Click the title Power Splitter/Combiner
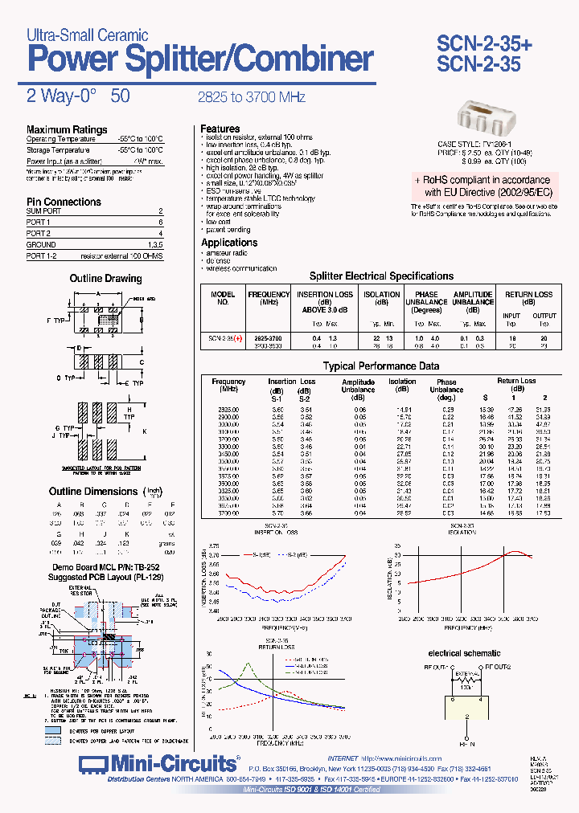200,59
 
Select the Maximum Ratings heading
67,129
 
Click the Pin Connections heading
64,202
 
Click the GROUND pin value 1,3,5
154,244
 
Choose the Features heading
220,129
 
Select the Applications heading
229,243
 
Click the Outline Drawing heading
105,279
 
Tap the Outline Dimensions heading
93,491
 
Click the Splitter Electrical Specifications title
382,276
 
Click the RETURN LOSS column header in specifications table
528,298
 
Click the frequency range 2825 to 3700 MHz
251,96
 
